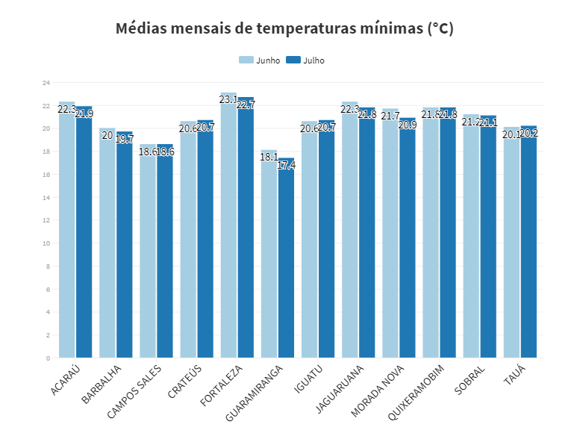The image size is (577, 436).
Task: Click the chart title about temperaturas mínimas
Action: (284, 29)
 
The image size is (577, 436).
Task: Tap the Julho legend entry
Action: (307, 60)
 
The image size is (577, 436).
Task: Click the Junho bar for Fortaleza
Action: (228, 224)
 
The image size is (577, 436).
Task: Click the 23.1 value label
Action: (228, 99)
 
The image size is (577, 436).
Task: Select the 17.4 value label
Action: (286, 165)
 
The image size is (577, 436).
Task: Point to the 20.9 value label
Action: (408, 125)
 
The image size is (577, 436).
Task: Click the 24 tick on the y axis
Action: (46, 83)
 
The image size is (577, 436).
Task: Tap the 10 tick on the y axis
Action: (46, 243)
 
